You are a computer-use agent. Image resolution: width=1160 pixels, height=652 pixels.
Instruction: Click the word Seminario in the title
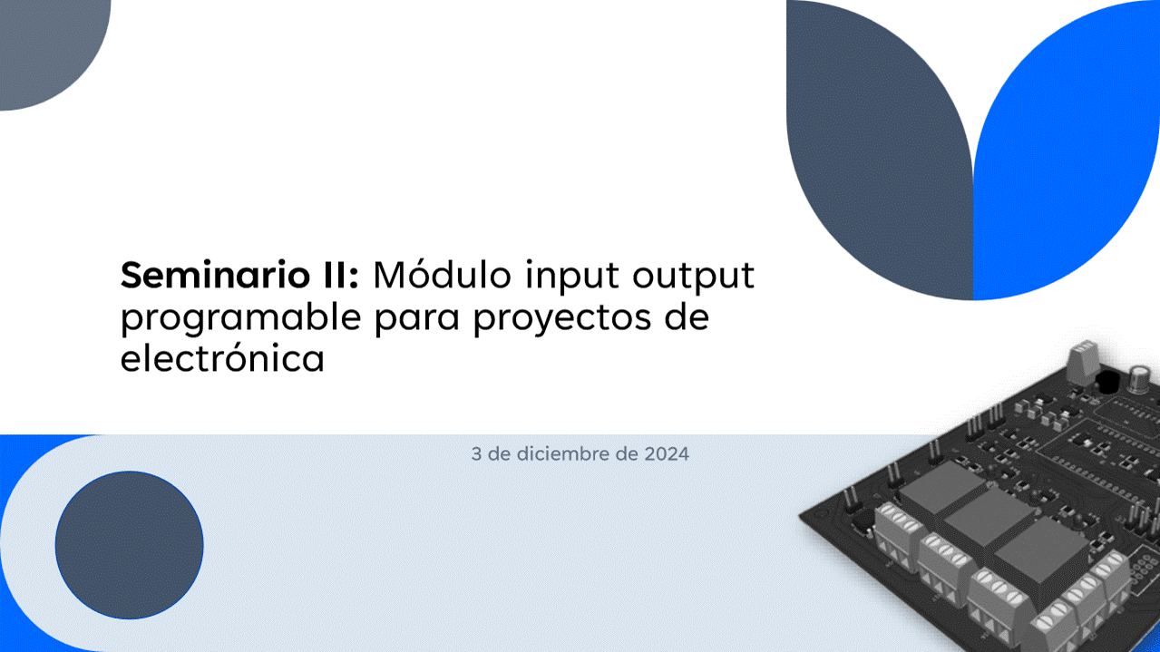[216, 275]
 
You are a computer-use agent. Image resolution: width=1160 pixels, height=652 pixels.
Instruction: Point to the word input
[572, 277]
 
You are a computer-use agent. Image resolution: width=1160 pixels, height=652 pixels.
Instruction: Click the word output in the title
[694, 277]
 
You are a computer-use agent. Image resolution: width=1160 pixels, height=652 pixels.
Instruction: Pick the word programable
[241, 317]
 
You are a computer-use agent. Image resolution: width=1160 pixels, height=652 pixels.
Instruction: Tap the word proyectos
[562, 318]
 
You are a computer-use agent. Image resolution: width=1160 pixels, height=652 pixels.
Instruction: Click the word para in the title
[417, 319]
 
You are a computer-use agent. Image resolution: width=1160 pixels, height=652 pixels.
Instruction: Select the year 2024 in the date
[667, 453]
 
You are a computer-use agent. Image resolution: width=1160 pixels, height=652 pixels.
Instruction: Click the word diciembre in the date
[564, 453]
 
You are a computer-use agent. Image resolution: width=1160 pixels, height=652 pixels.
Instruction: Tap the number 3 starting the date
[476, 453]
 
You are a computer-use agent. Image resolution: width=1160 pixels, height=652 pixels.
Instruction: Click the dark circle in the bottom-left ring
[130, 545]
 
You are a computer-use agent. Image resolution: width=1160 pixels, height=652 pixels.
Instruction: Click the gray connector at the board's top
[1084, 360]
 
